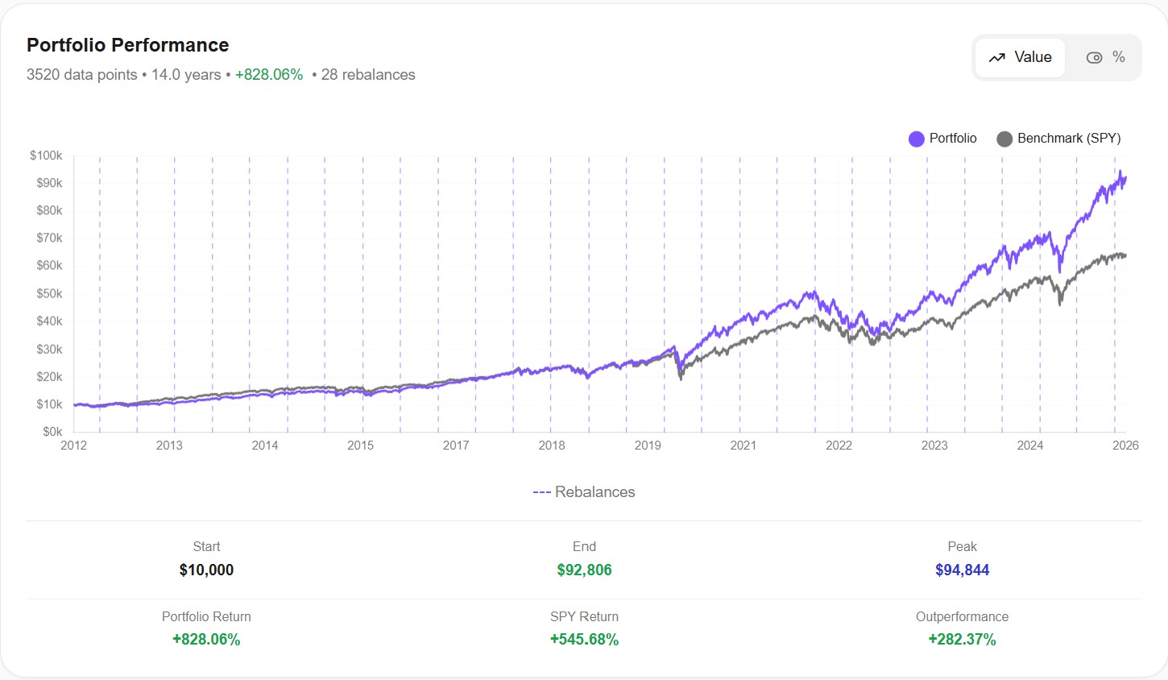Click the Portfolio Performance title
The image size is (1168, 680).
click(127, 45)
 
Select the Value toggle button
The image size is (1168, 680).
click(1020, 57)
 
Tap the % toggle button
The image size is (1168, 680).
click(1106, 57)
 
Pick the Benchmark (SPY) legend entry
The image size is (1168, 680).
click(1058, 139)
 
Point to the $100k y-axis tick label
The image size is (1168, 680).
click(46, 155)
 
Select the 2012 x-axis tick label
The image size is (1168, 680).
click(74, 446)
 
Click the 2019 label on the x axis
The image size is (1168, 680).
click(648, 446)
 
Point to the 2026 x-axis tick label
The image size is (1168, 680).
click(1125, 446)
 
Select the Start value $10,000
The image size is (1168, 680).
click(206, 570)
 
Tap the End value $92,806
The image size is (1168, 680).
click(584, 570)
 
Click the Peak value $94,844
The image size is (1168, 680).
click(962, 570)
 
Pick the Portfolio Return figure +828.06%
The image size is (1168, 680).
click(206, 640)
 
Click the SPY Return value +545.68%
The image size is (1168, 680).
click(584, 640)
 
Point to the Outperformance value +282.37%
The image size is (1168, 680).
click(962, 640)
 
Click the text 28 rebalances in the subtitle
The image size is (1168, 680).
click(368, 75)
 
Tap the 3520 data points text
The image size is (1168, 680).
click(82, 75)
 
